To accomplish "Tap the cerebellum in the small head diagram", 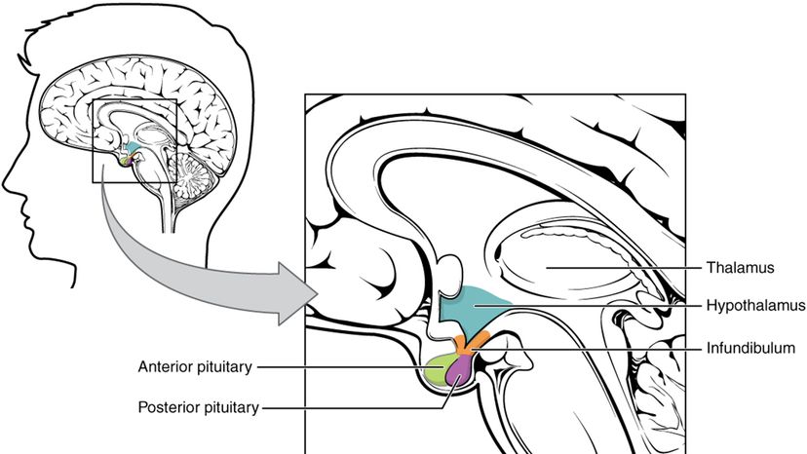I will click(188, 172).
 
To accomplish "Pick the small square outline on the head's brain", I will click(134, 141).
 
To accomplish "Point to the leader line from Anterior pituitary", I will click(341, 367).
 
